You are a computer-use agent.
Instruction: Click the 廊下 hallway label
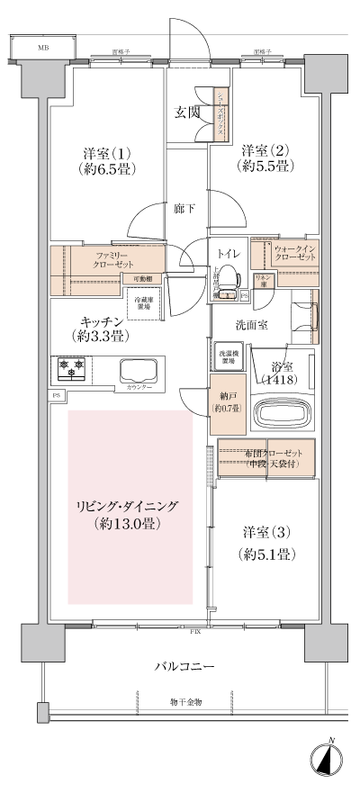click(x=185, y=209)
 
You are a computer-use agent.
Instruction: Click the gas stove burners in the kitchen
click(x=71, y=367)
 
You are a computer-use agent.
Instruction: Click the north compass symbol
click(x=328, y=761)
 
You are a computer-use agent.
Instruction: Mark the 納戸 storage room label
click(x=226, y=401)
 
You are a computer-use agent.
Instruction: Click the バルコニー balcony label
click(x=183, y=666)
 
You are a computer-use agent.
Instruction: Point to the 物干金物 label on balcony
click(x=184, y=701)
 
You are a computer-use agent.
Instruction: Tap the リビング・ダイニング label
click(x=130, y=514)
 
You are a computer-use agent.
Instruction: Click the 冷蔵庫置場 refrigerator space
click(x=143, y=303)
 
